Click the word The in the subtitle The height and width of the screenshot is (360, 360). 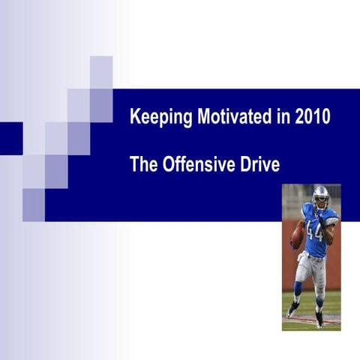tap(142, 164)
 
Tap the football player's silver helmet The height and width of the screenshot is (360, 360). tap(320, 196)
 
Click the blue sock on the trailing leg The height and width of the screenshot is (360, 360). tap(298, 289)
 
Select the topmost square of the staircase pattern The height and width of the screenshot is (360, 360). tap(101, 72)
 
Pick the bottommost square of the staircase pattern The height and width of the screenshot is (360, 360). tap(34, 205)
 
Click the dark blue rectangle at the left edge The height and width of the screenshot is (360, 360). tap(10, 138)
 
